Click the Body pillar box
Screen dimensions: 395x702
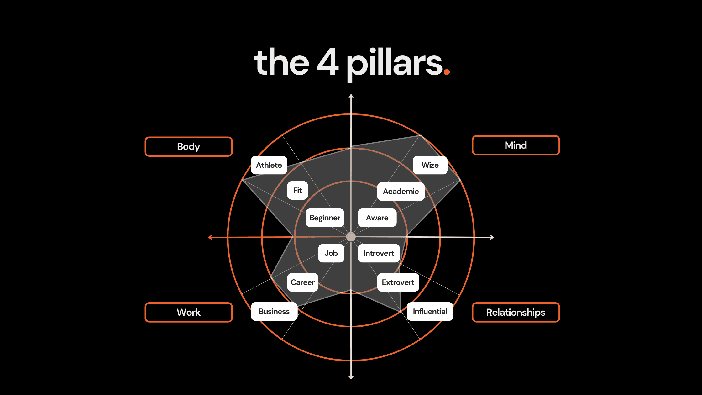[x=189, y=146]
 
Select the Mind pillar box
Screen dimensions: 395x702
[x=516, y=145]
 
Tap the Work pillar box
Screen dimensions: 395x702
[x=189, y=312]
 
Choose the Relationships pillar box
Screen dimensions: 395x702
[x=516, y=312]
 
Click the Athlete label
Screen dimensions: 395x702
[x=269, y=165]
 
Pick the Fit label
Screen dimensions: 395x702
[x=297, y=190]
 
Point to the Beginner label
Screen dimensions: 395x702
[x=325, y=218]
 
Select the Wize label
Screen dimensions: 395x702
[x=430, y=165]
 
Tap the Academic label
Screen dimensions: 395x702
[x=401, y=191]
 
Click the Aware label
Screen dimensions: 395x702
[x=377, y=218]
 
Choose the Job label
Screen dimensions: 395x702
[x=331, y=253]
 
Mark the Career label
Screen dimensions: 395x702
[x=302, y=282]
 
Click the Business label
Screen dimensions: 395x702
[x=274, y=311]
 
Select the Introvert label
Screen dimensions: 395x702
[x=379, y=253]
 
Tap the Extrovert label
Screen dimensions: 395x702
[x=398, y=282]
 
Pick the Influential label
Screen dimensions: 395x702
[x=430, y=311]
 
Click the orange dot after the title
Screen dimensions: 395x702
[x=447, y=72]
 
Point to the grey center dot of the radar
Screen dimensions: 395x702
[x=351, y=237]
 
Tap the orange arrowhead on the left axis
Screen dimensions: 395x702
[x=211, y=237]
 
